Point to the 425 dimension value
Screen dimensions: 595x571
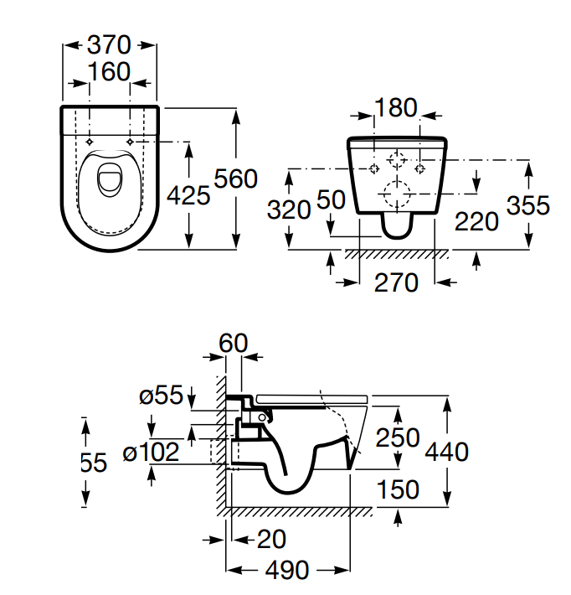pos(188,196)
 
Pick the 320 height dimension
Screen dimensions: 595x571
pos(289,209)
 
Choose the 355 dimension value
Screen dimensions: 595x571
pos(528,204)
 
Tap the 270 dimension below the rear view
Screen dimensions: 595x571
pos(395,283)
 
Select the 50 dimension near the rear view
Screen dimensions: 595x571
pos(332,199)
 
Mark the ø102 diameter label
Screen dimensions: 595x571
pos(151,453)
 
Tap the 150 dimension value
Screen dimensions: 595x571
pos(398,489)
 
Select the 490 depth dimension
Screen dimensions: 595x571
pos(286,571)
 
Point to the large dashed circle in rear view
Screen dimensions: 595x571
pos(395,194)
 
